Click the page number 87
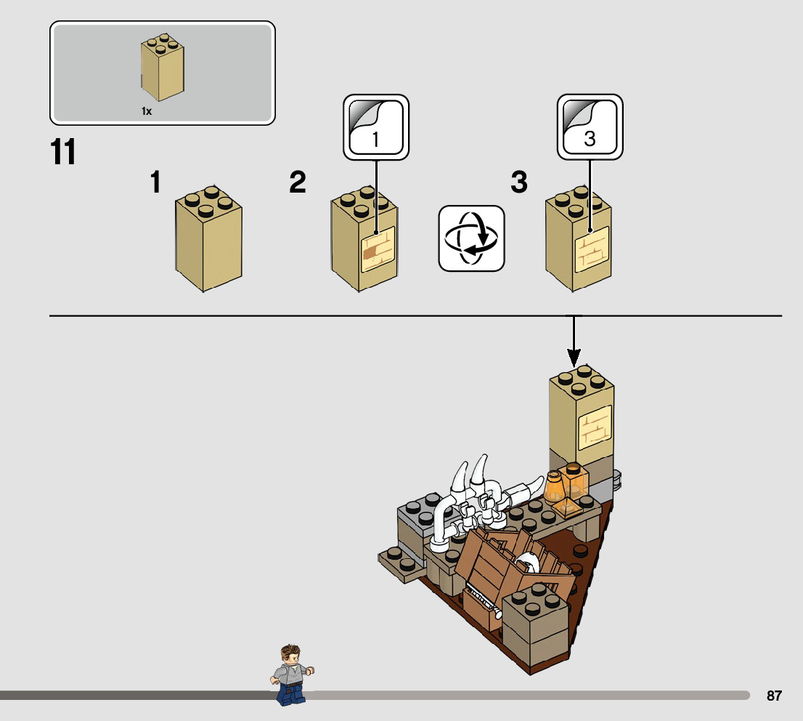point(774,696)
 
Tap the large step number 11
point(64,153)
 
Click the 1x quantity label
point(146,111)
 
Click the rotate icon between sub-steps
point(471,238)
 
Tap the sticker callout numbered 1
point(376,127)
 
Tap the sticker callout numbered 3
point(590,127)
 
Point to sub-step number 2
point(298,182)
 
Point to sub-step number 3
point(518,182)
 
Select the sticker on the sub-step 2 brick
point(378,251)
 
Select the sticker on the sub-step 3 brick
point(591,249)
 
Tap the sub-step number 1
point(155,182)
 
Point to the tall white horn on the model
point(460,480)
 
